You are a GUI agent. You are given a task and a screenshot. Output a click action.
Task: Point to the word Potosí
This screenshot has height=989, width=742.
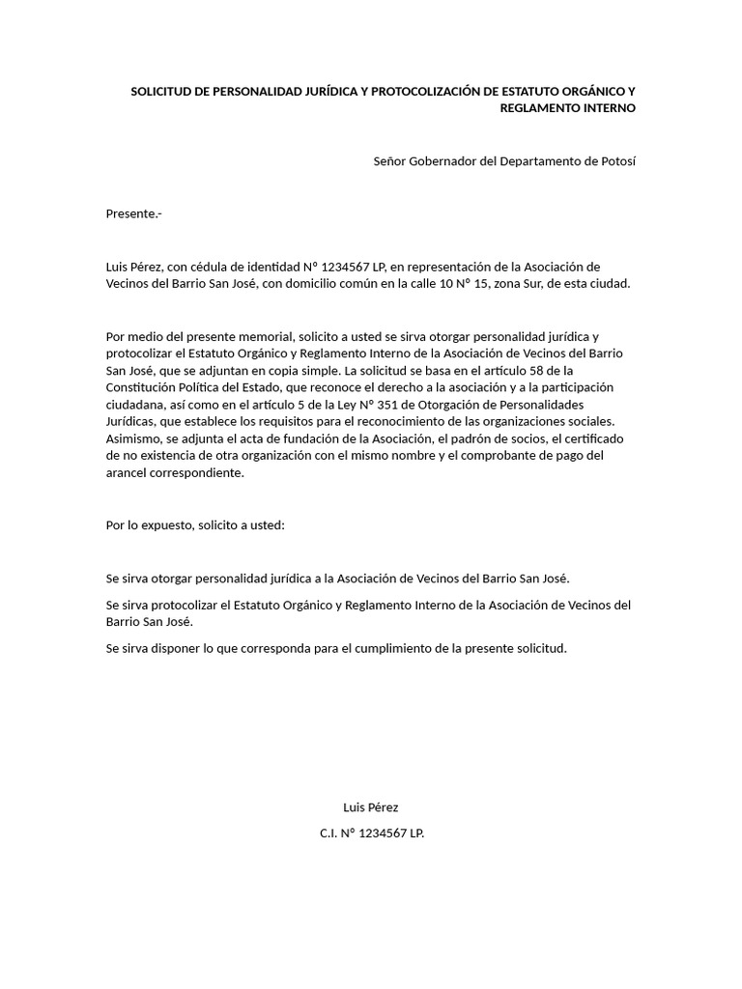click(615, 161)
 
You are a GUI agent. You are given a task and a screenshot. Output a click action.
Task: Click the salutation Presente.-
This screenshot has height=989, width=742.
click(133, 213)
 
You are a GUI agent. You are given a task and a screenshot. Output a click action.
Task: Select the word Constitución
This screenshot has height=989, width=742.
click(144, 388)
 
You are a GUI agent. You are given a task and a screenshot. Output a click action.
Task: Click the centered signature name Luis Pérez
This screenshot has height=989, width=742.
click(371, 807)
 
